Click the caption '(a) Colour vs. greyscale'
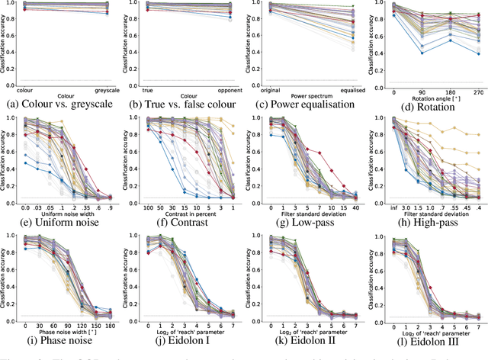tap(63, 104)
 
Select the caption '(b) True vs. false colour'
tap(185, 104)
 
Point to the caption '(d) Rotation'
tap(429, 104)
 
